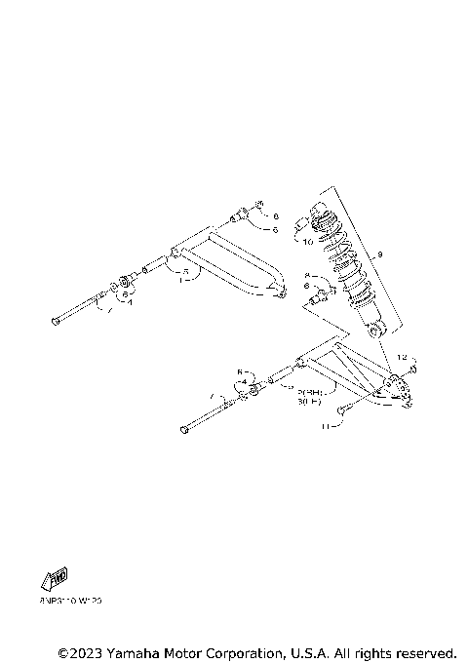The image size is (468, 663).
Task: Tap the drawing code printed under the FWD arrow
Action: [x=71, y=602]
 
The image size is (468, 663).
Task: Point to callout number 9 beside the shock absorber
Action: [x=380, y=255]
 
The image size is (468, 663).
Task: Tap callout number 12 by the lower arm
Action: [x=401, y=358]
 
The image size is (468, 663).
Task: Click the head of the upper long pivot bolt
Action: [x=53, y=321]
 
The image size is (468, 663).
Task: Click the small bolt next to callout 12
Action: [x=413, y=370]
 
